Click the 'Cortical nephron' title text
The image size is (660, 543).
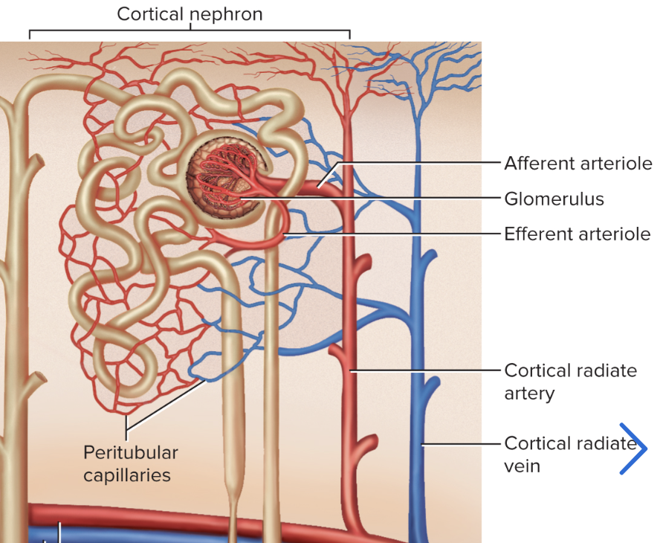[190, 14]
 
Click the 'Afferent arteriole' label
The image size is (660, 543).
[577, 163]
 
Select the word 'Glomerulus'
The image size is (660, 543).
[554, 199]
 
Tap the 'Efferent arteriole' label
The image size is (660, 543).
[577, 234]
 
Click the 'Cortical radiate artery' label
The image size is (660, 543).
[570, 381]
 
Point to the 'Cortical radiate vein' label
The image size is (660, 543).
[570, 454]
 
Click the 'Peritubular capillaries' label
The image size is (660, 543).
[130, 463]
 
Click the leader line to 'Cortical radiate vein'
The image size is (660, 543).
[461, 444]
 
